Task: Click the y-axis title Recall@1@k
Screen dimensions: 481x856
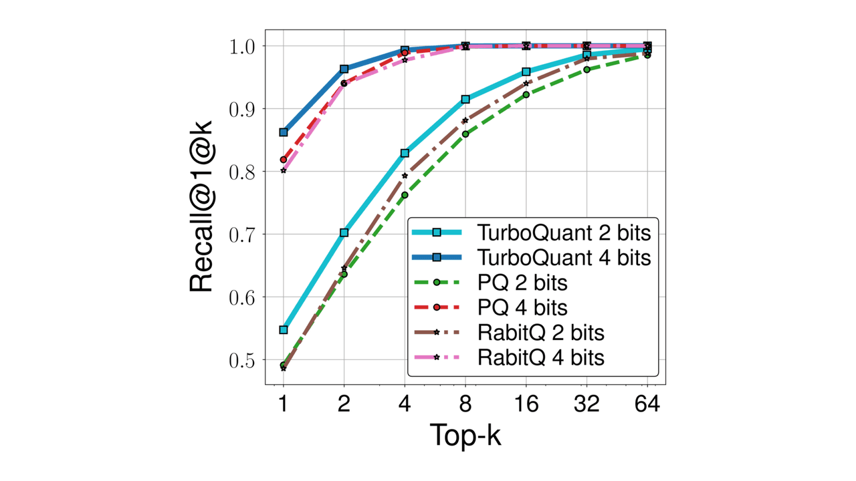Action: pos(201,206)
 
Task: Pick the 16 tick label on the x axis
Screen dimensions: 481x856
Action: pos(526,405)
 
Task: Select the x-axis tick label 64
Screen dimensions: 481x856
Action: pos(647,405)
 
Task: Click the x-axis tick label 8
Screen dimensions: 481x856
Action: pos(465,405)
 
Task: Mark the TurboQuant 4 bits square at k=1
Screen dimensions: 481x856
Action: pos(284,132)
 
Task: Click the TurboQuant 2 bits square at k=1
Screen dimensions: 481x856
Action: pos(284,330)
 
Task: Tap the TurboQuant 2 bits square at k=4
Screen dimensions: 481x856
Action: pos(405,153)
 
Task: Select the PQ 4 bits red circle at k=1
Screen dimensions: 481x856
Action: pos(284,160)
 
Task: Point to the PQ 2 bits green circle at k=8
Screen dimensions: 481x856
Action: pos(465,134)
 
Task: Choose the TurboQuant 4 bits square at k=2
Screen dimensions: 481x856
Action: pos(344,69)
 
